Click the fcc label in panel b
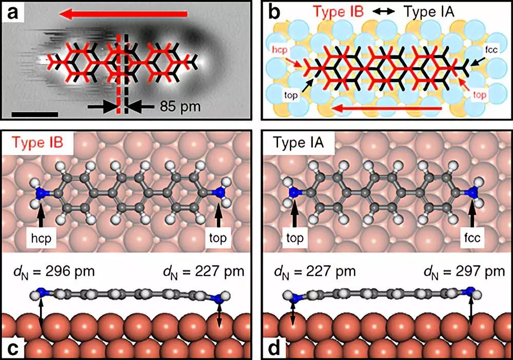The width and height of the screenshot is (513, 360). [x=489, y=52]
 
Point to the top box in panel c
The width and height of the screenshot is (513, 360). [x=219, y=237]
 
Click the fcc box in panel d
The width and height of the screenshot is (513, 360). [x=473, y=237]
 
